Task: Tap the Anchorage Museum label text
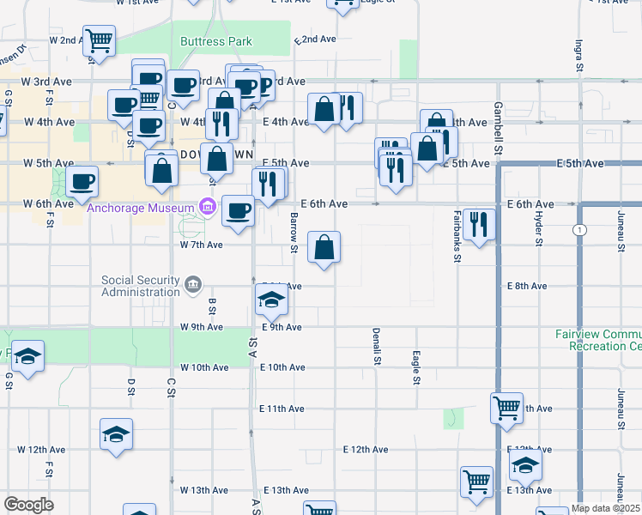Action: click(142, 206)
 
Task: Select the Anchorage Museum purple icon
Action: click(206, 206)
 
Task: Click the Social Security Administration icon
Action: click(193, 283)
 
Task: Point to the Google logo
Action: click(28, 505)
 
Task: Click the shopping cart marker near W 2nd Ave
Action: click(100, 40)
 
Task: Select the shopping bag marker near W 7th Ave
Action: click(324, 248)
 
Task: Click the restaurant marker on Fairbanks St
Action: click(478, 225)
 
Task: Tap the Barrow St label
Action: click(294, 234)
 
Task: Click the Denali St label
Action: click(376, 345)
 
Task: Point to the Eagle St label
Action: click(416, 367)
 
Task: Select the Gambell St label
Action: click(497, 123)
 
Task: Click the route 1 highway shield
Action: click(581, 229)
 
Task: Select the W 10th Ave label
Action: click(205, 367)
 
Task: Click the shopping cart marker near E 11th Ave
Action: click(506, 408)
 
